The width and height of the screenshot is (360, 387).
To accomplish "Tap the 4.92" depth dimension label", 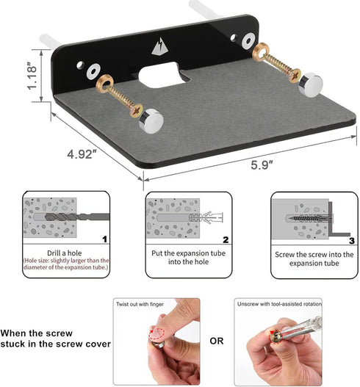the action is tap(82, 154).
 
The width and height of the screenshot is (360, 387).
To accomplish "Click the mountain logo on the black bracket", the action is tap(160, 46).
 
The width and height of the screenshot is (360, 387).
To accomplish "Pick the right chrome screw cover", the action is tap(310, 84).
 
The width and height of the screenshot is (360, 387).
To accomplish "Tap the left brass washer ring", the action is tap(104, 83).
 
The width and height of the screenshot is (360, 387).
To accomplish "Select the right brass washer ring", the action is tap(261, 51).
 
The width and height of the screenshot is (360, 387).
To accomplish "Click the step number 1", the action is tap(104, 239).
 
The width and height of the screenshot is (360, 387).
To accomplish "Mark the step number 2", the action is tap(226, 239).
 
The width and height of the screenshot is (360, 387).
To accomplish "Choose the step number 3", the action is tap(352, 240).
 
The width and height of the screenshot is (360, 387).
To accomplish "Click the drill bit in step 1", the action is tap(77, 217).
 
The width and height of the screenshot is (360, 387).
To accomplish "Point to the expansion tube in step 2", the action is tap(206, 217).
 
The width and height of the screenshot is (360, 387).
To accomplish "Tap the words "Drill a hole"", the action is tap(65, 253).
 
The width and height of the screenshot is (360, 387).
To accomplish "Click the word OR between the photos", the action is tap(217, 341).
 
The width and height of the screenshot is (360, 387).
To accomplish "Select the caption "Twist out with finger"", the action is tap(140, 304).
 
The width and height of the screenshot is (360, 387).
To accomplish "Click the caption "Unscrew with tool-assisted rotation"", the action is tap(279, 304).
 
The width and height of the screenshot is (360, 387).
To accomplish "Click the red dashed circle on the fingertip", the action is tap(157, 333).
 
